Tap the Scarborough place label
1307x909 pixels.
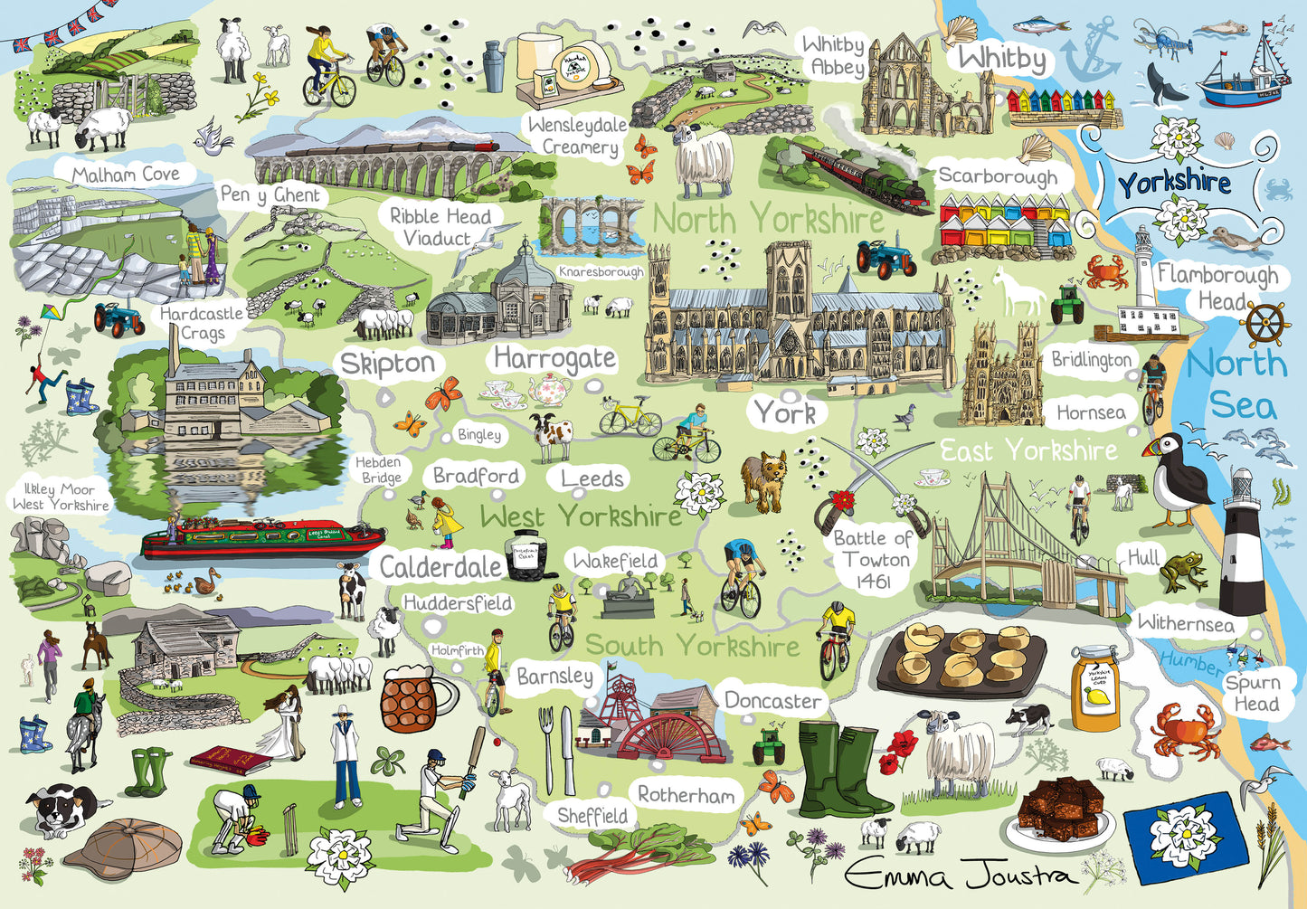coord(997,176)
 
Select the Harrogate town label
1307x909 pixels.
coord(554,359)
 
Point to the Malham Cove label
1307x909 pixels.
coord(126,174)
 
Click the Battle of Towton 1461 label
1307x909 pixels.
coord(872,560)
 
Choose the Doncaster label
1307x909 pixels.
coord(772,701)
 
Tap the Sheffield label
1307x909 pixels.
coord(592,815)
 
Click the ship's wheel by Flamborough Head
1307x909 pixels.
coord(1265,324)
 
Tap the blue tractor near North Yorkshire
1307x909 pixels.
coord(885,255)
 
